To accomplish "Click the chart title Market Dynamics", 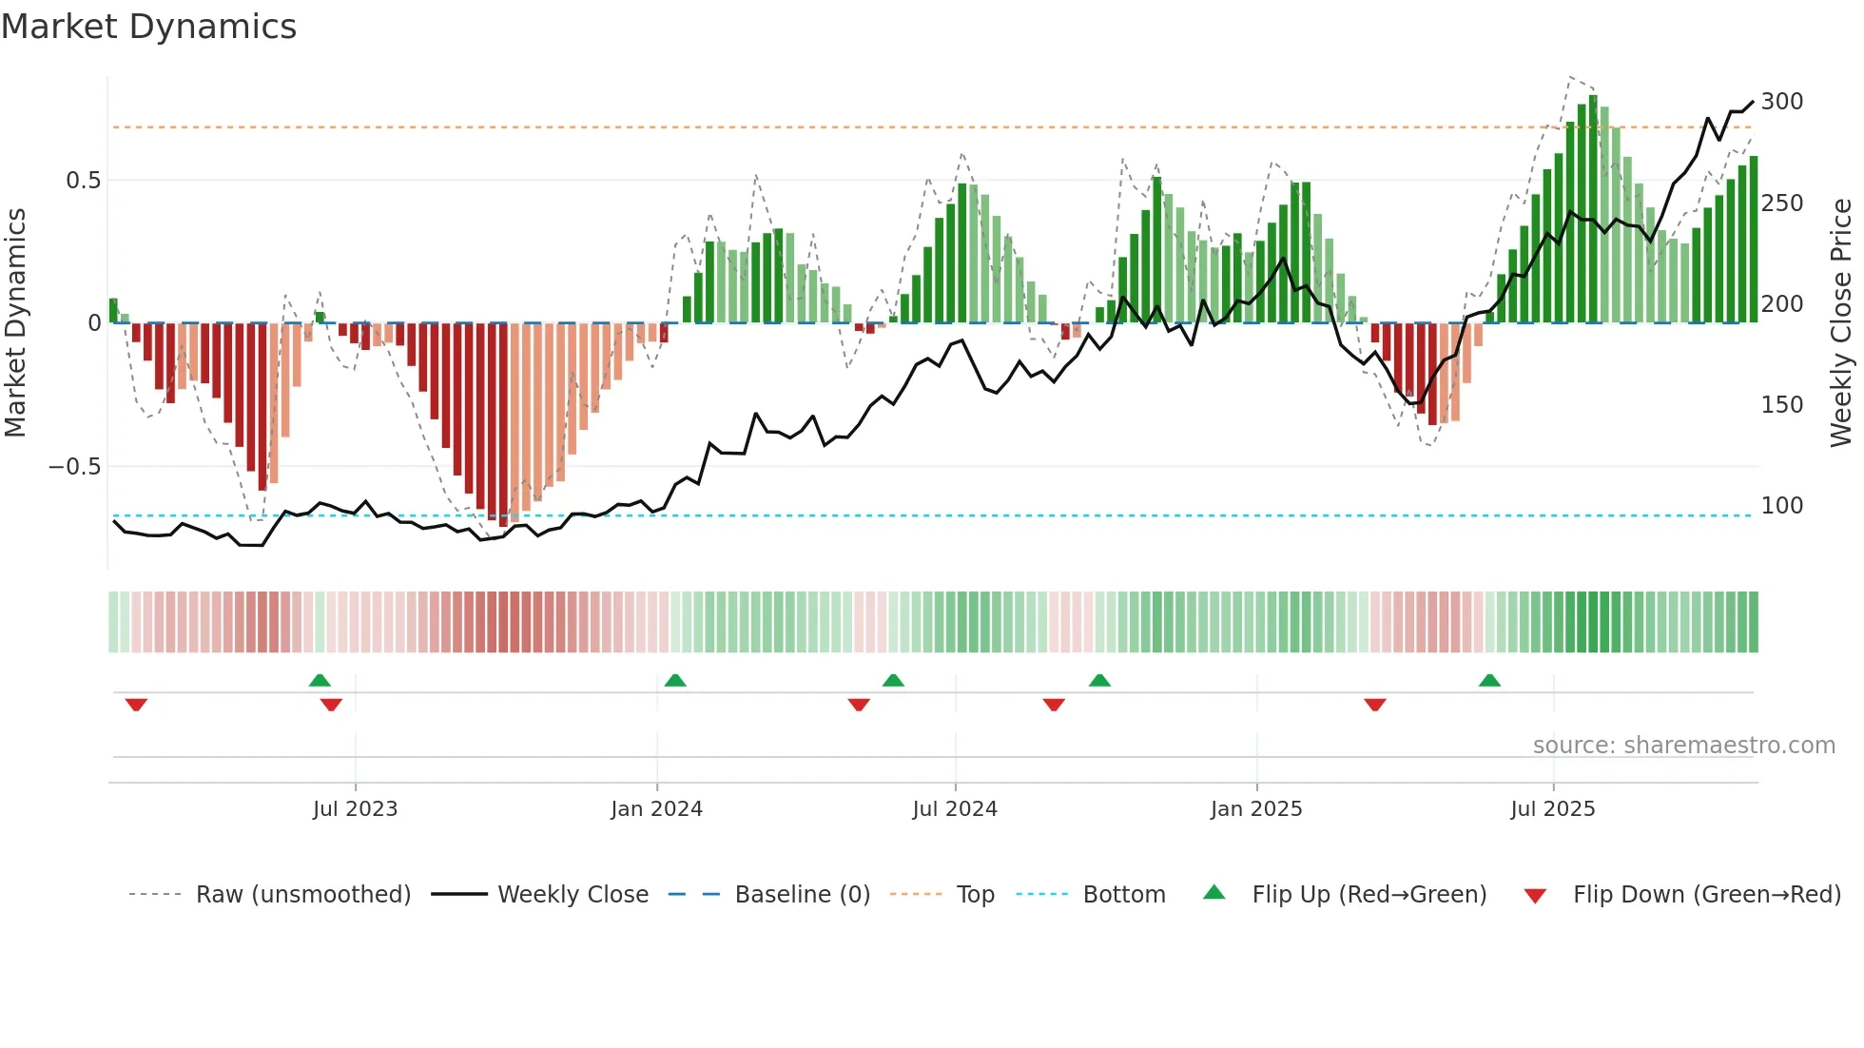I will [148, 27].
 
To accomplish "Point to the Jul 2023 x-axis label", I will [355, 809].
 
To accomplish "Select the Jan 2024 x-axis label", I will [656, 809].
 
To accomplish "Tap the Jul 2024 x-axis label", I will [955, 809].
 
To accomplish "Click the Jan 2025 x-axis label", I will [1256, 809].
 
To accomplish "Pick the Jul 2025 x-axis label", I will [1553, 809].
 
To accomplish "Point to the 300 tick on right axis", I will [1781, 102].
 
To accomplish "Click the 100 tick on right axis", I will [1781, 506].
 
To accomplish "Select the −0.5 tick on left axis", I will [74, 467].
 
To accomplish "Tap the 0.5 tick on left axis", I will [83, 181].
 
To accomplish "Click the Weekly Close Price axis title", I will [1841, 323].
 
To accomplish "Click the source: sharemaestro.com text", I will [1683, 746].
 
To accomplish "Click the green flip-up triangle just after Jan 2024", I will [675, 680].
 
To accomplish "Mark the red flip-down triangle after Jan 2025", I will [1374, 705].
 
